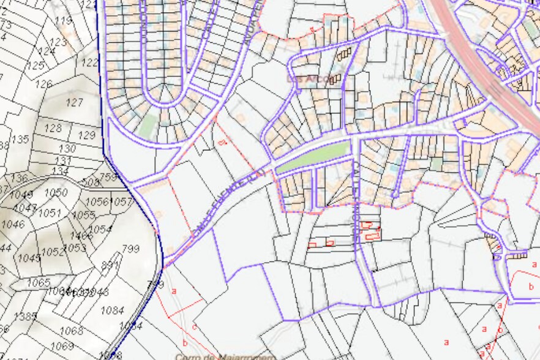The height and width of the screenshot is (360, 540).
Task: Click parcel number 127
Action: (x=74, y=102)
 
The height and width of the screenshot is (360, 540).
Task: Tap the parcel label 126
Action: (x=43, y=84)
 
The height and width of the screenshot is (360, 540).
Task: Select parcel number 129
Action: (x=88, y=135)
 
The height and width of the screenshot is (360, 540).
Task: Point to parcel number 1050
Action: (x=56, y=192)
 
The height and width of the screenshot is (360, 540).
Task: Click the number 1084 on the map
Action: (x=112, y=310)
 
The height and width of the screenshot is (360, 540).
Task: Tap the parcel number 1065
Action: (x=39, y=282)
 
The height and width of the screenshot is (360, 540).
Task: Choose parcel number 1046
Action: (x=13, y=224)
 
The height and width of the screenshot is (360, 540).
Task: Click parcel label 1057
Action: (x=121, y=201)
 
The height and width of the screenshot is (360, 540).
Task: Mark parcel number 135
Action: (x=20, y=140)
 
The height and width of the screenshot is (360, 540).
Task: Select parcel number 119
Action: (x=63, y=21)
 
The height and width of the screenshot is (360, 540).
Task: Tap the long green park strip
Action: (x=313, y=158)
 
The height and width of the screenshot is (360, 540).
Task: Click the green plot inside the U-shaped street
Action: (x=147, y=126)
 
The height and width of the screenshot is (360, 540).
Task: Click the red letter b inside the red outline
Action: (x=531, y=286)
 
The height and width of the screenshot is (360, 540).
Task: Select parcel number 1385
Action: (x=25, y=316)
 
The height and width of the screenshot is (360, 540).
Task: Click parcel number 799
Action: (x=130, y=249)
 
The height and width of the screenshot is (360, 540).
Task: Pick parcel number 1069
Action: (x=62, y=347)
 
